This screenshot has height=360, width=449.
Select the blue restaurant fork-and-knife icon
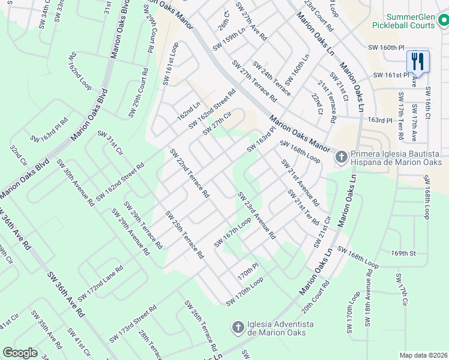tap(418, 61)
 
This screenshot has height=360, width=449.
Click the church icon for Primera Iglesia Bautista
tap(341, 157)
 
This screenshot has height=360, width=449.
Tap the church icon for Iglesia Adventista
tap(238, 327)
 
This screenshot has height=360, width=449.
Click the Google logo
tap(20, 353)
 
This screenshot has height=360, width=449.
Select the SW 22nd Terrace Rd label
tap(189, 173)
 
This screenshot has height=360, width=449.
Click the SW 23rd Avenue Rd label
tap(256, 215)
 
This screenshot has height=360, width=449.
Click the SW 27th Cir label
tap(217, 123)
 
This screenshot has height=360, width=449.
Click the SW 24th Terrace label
tap(271, 78)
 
